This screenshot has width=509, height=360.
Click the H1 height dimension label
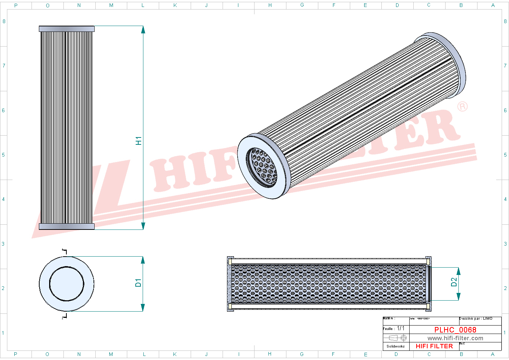pos(138,140)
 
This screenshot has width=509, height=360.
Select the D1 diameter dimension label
pos(138,283)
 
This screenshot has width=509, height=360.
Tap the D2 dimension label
pos(454,282)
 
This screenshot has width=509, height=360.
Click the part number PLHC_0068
pos(455,330)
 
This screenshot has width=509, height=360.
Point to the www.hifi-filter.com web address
pos(455,338)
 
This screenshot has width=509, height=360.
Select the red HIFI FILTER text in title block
pos(434,346)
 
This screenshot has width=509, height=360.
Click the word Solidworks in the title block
pos(396,346)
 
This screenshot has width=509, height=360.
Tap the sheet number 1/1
pos(401,328)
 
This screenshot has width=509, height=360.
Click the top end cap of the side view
pos(67,29)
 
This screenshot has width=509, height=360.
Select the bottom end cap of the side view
pos(67,227)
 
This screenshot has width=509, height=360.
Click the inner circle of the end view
pos(67,283)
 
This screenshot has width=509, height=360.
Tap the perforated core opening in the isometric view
pos(263,167)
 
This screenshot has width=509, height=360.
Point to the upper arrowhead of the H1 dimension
pos(143,30)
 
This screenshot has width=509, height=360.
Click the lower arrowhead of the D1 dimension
pos(143,308)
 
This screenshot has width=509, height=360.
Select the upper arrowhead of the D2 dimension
pos(458,271)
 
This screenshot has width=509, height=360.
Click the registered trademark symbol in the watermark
pos(462,106)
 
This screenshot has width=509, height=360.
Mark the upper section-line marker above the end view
pos(65,252)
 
